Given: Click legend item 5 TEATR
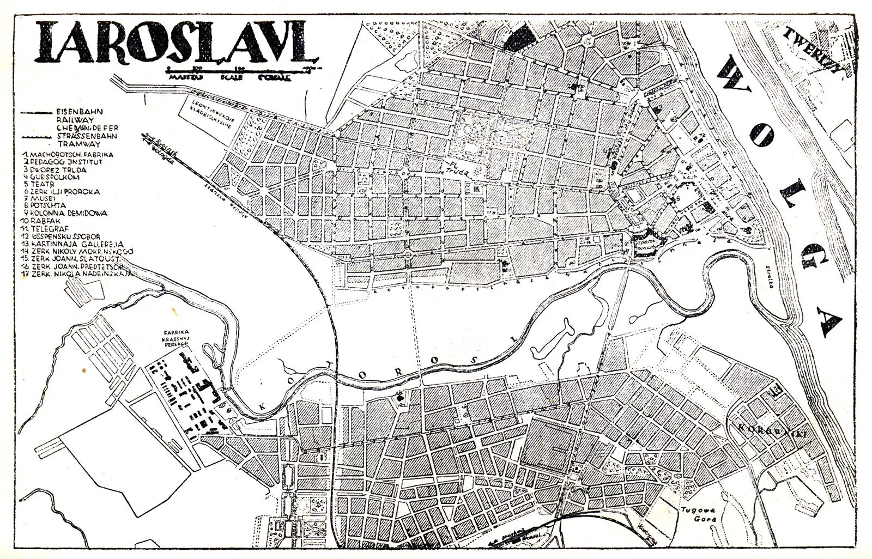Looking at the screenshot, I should click(46, 184).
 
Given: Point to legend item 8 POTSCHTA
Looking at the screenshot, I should click(52, 206).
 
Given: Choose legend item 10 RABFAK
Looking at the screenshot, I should click(49, 221).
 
